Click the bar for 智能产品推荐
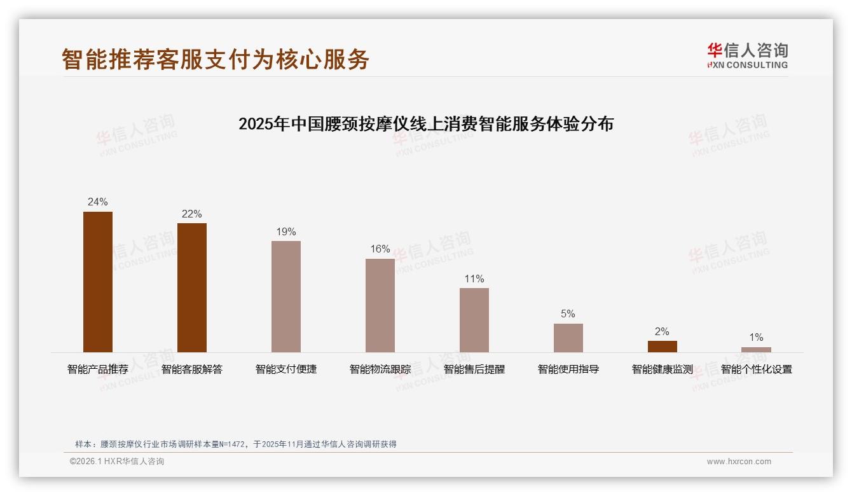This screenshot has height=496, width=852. click(x=98, y=282)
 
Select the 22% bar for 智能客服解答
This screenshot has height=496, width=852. click(x=192, y=287)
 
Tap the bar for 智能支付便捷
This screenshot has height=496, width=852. click(x=286, y=296)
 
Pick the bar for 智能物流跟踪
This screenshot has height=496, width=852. click(x=380, y=305)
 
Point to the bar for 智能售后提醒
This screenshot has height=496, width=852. click(x=474, y=320)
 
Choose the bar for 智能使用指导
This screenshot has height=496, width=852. click(x=568, y=338)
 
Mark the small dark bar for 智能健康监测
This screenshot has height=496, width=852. click(x=663, y=347)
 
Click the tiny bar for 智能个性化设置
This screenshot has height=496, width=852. click(x=756, y=350)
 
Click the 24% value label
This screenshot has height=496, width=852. click(x=98, y=202)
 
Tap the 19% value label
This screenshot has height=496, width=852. click(x=286, y=232)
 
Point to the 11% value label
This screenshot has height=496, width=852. click(x=474, y=279)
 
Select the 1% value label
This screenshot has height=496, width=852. click(x=756, y=338)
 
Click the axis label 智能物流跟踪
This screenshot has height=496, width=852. click(x=380, y=369)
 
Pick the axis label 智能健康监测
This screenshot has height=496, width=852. click(x=663, y=369)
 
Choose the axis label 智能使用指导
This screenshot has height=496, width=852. click(x=568, y=369)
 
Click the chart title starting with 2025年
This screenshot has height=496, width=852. click(x=426, y=124)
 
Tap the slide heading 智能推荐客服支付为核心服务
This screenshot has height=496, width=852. click(x=216, y=59)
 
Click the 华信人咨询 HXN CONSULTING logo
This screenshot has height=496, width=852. click(x=747, y=56)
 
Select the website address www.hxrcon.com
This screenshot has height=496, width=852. click(x=739, y=462)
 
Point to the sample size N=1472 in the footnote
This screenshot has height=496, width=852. click(x=235, y=444)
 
